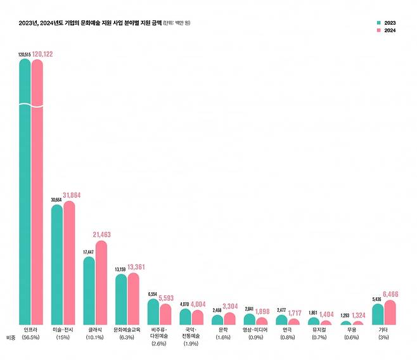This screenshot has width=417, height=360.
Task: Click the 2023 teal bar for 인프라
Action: point(25,190)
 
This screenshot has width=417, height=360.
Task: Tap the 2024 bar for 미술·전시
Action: point(69,263)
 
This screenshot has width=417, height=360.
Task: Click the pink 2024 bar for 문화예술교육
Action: point(133,299)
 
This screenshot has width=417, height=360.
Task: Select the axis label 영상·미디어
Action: point(255,330)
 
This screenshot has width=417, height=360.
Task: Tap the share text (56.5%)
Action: point(31,338)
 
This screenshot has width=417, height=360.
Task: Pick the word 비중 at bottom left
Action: point(10,338)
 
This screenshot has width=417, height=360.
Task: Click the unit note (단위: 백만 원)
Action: point(176,23)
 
